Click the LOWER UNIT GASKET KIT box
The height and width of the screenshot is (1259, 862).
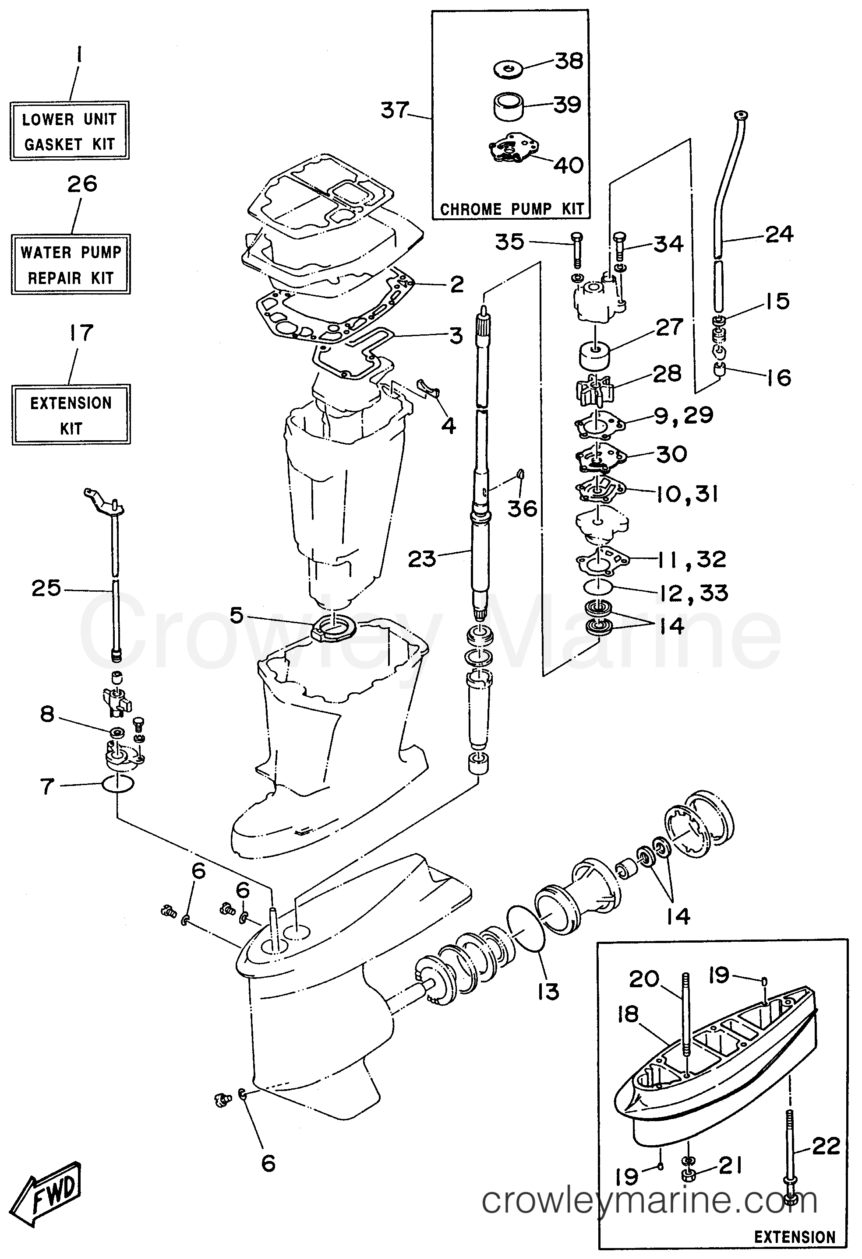(69, 130)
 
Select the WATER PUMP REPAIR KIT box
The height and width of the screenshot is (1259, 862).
(71, 264)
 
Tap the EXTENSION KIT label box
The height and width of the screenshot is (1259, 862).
(71, 415)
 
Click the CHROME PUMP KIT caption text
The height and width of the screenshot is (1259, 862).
(511, 209)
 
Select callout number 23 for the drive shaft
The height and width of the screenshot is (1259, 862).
(422, 558)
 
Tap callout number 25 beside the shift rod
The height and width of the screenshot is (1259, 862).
(46, 588)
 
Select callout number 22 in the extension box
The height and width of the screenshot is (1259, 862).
(826, 1145)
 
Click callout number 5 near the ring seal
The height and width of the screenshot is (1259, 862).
(237, 615)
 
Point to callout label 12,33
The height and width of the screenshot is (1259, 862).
(693, 593)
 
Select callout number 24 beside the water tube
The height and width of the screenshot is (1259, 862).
(779, 235)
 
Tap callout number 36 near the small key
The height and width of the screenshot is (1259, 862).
(522, 508)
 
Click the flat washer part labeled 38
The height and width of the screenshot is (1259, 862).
(508, 69)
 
